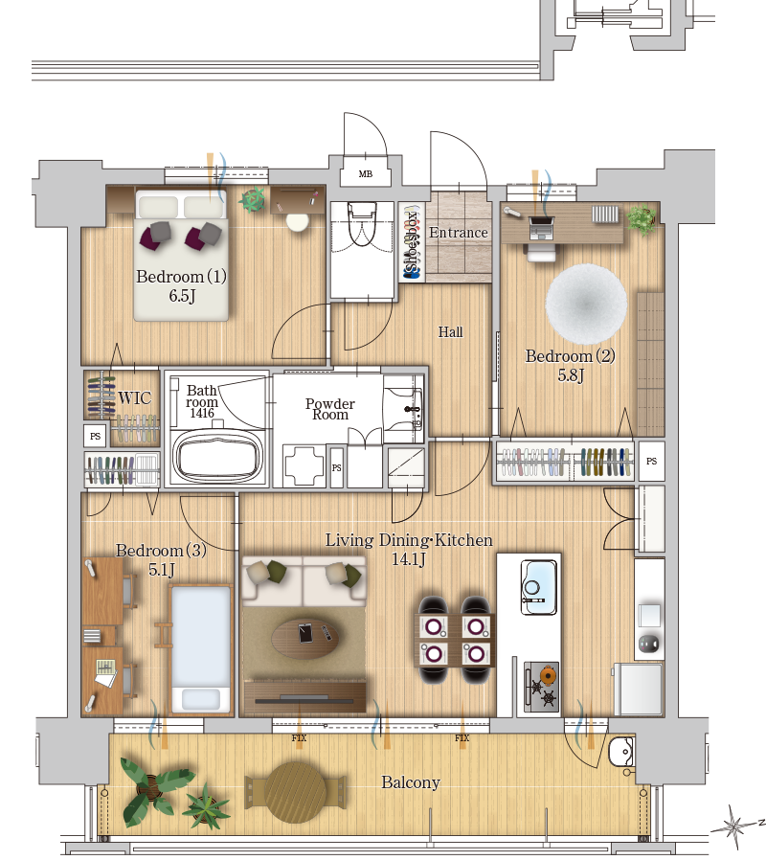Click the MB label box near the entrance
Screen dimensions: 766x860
pyautogui.click(x=365, y=174)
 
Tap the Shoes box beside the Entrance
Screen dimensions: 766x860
pyautogui.click(x=412, y=241)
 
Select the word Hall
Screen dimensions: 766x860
pyautogui.click(x=450, y=331)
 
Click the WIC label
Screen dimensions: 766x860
pyautogui.click(x=134, y=397)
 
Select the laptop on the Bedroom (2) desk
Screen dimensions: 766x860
pyautogui.click(x=541, y=228)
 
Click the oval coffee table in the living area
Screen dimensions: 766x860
pyautogui.click(x=304, y=637)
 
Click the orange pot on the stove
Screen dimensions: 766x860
pyautogui.click(x=548, y=673)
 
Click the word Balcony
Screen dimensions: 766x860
pyautogui.click(x=411, y=782)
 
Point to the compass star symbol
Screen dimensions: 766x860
pyautogui.click(x=733, y=826)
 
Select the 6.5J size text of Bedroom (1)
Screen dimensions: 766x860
pyautogui.click(x=182, y=296)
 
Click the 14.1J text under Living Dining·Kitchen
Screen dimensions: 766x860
pyautogui.click(x=409, y=559)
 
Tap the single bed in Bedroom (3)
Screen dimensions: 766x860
pyautogui.click(x=201, y=649)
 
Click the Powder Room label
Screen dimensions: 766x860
pyautogui.click(x=330, y=409)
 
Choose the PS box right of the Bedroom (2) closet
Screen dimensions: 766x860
pyautogui.click(x=651, y=462)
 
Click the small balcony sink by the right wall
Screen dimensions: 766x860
pyautogui.click(x=621, y=750)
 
